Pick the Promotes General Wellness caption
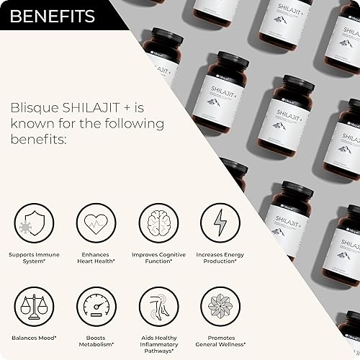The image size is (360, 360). coord(216,341)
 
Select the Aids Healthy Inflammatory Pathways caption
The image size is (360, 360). coord(155,344)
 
